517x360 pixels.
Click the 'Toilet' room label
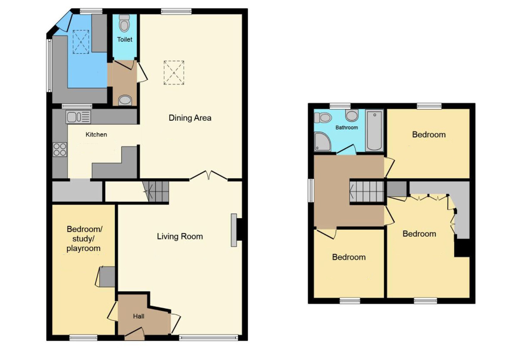125,40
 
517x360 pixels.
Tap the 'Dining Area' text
190,118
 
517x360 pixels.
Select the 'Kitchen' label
96,135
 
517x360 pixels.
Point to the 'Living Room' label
180,236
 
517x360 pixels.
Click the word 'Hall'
139,316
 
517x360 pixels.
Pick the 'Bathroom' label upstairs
347,128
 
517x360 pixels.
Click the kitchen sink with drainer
78,117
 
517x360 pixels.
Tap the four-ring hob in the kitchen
60,150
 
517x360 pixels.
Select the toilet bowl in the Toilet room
125,23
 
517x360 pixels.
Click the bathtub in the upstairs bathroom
374,131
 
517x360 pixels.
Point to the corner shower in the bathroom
322,141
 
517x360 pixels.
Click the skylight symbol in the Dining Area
174,73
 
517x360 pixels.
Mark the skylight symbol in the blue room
81,42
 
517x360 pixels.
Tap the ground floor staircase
156,192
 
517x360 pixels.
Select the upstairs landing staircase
367,191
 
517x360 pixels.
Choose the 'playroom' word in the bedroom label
83,248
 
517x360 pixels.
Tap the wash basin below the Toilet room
125,100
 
